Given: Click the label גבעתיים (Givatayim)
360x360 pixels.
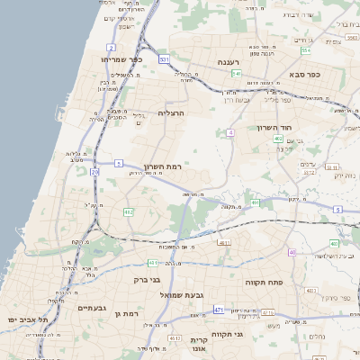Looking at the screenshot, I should pos(93,308).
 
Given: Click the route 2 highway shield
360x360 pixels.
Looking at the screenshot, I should pos(112,47).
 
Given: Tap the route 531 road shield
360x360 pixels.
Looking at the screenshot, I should pos(164,59).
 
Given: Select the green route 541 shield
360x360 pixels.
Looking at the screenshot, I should pos(236,73).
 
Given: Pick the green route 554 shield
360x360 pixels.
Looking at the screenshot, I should pos(306,50).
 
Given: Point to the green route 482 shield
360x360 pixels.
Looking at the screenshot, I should pos(128,212).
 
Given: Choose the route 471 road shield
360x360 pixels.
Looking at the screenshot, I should pos(219,310).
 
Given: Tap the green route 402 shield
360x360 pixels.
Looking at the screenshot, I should pos(277,139).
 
